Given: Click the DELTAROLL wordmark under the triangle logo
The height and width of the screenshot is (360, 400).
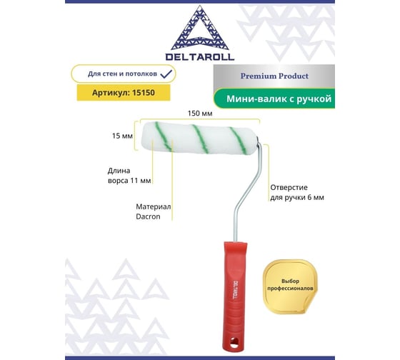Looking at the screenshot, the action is click(x=200, y=57).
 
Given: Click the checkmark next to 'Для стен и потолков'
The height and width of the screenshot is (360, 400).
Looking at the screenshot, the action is click(x=166, y=74).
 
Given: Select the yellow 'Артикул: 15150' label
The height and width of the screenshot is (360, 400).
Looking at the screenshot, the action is click(x=124, y=93).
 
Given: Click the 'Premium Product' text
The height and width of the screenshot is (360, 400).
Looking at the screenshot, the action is click(x=274, y=76).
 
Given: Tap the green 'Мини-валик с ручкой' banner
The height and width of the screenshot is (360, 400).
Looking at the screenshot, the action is click(x=274, y=99).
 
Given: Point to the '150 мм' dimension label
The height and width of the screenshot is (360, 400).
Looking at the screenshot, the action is click(x=200, y=114).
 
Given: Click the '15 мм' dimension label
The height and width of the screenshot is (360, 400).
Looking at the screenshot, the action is click(x=122, y=136).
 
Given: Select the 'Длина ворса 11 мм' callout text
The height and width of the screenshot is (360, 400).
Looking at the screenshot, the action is click(x=129, y=176).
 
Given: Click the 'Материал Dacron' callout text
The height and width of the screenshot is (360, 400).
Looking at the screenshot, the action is click(x=153, y=211).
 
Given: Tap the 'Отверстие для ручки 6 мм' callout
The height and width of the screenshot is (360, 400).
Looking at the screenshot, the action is click(x=297, y=192).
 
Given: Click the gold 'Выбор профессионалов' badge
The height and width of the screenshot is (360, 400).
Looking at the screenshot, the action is click(x=290, y=286).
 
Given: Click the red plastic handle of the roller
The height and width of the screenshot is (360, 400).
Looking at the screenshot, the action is click(x=234, y=296).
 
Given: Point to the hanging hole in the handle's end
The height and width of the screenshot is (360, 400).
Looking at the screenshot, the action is click(x=234, y=342).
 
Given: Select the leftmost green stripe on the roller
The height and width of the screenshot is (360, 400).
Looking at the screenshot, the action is click(x=164, y=136).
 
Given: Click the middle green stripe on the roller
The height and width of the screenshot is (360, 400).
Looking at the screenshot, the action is click(x=201, y=139).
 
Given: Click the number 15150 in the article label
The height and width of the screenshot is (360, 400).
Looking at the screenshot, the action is click(x=144, y=93).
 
